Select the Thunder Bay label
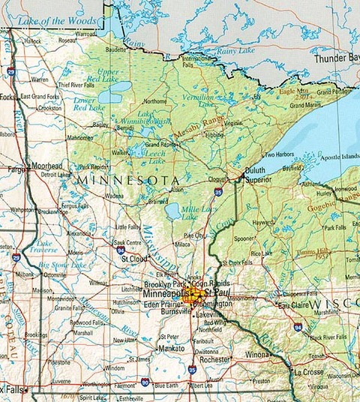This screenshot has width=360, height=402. (336, 58)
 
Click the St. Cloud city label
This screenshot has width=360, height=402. (133, 259)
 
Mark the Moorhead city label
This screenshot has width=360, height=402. (44, 164)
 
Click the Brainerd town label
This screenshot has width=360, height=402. (157, 201)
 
